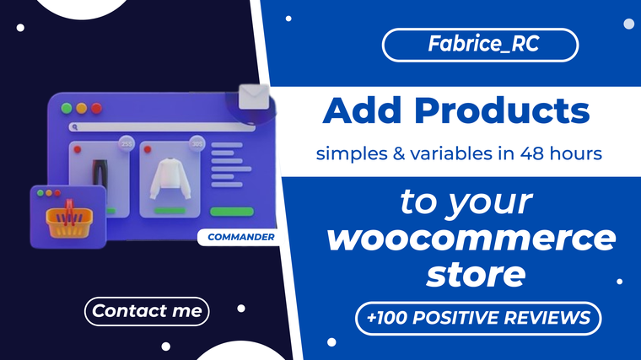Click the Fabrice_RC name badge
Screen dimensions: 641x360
tap(480, 45)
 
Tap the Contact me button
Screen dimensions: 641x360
tap(147, 311)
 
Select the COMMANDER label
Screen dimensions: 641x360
tap(240, 237)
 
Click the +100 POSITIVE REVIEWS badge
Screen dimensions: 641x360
tap(478, 318)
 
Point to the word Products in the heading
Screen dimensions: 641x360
tap(502, 110)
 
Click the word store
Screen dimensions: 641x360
tap(476, 274)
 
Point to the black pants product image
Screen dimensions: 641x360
tap(100, 174)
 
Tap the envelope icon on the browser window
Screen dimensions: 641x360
tap(254, 97)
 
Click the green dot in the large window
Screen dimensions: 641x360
tap(67, 108)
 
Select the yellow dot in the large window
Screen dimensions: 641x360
tap(81, 108)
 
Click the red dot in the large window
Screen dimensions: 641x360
tap(96, 108)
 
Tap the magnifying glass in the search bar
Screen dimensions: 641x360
tap(75, 127)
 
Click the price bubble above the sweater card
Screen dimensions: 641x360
tap(197, 143)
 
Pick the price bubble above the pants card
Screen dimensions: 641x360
tap(127, 143)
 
